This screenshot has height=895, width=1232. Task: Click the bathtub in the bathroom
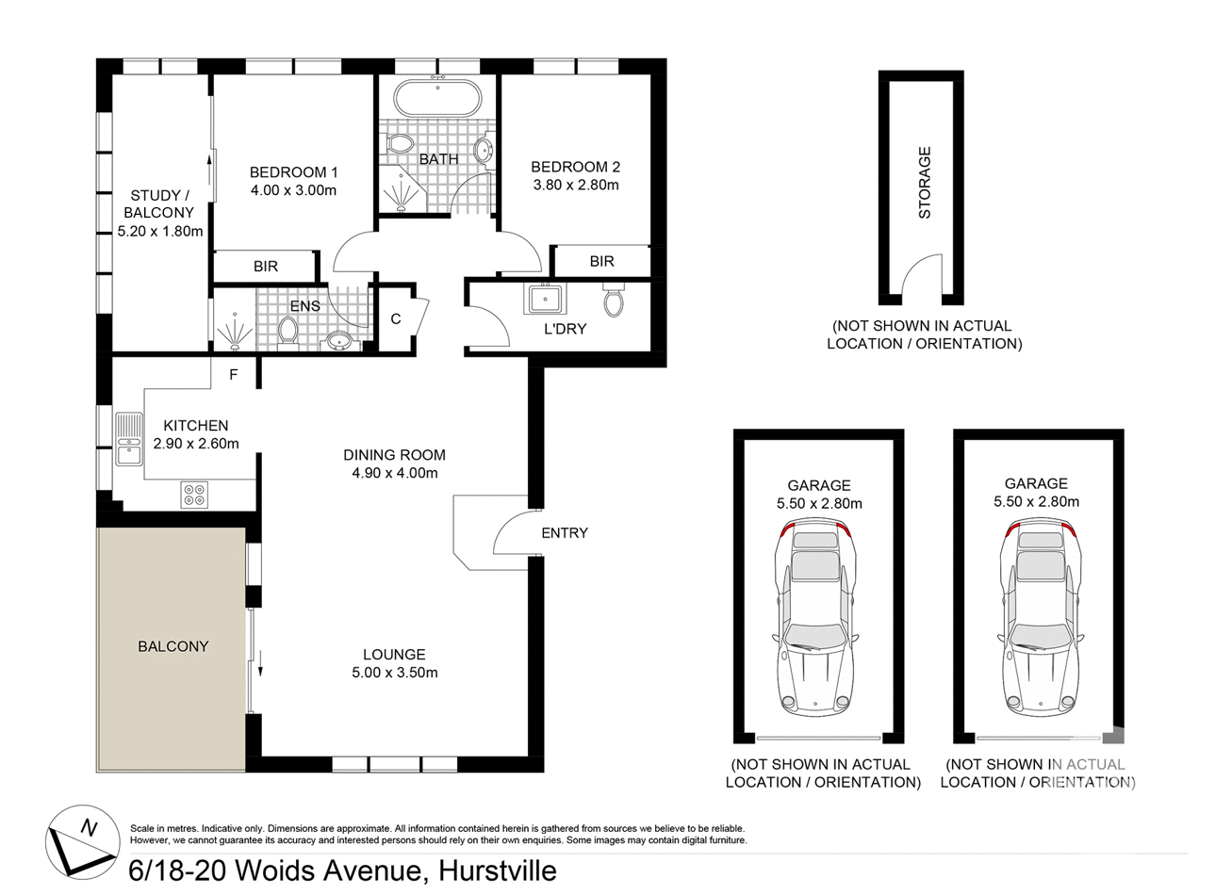pyautogui.click(x=437, y=98)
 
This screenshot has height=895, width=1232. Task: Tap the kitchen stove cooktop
pyautogui.click(x=194, y=496)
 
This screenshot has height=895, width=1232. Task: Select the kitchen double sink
pyautogui.click(x=128, y=440)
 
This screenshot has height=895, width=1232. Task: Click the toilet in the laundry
pyautogui.click(x=614, y=302)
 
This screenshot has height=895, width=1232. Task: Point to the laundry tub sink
pyautogui.click(x=545, y=300)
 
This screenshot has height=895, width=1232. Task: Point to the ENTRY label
pyautogui.click(x=564, y=533)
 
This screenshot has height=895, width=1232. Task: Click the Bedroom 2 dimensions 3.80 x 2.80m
pyautogui.click(x=576, y=186)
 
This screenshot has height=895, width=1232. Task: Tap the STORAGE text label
pyautogui.click(x=924, y=183)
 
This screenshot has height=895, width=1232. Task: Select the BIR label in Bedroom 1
pyautogui.click(x=266, y=267)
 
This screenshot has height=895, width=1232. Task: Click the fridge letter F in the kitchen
pyautogui.click(x=234, y=375)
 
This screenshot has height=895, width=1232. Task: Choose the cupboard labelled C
pyautogui.click(x=396, y=319)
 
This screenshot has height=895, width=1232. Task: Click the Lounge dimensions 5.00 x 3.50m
pyautogui.click(x=394, y=673)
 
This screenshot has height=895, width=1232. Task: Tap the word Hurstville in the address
pyautogui.click(x=496, y=871)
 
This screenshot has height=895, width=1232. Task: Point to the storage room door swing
pyautogui.click(x=921, y=278)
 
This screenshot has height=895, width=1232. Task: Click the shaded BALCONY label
pyautogui.click(x=172, y=646)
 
